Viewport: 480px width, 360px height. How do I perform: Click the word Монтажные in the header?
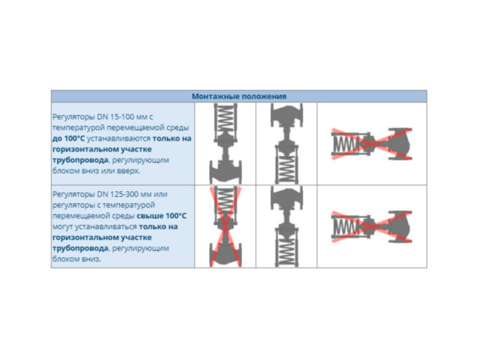click(213, 97)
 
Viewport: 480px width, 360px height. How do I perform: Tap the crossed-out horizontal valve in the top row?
click(372, 144)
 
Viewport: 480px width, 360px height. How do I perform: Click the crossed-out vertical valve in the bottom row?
click(226, 226)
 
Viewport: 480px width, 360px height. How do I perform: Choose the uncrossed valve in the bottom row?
click(286, 226)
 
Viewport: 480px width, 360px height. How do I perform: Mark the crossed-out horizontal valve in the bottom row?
click(372, 226)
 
